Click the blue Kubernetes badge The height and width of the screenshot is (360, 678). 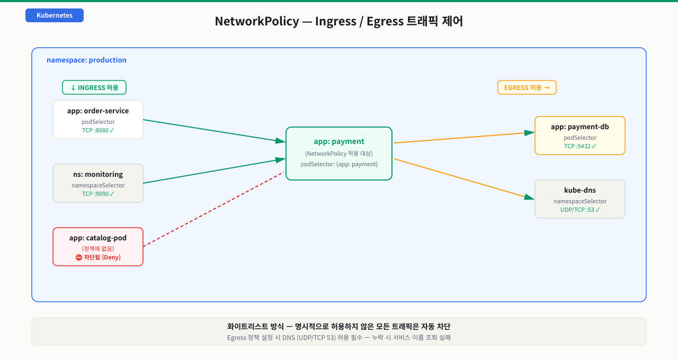click(x=55, y=15)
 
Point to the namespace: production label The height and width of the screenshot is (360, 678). click(x=86, y=60)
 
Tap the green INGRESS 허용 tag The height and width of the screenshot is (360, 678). click(x=94, y=87)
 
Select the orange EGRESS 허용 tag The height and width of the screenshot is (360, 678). click(x=527, y=87)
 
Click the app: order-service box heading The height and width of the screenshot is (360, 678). click(x=98, y=111)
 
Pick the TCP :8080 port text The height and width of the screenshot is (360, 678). click(x=98, y=130)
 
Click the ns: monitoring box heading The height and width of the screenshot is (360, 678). click(x=98, y=174)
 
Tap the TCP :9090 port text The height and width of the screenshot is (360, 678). click(x=98, y=194)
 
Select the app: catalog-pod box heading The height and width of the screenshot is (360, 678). click(x=98, y=238)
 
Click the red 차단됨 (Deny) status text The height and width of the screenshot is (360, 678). click(x=98, y=257)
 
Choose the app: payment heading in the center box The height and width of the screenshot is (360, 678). click(x=339, y=141)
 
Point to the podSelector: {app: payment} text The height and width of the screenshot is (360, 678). click(x=339, y=164)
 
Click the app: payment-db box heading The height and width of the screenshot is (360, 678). click(x=580, y=127)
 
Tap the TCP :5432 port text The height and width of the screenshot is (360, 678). click(x=580, y=146)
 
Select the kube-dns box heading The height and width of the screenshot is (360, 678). click(x=580, y=190)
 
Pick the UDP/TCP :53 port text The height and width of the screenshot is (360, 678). click(x=580, y=210)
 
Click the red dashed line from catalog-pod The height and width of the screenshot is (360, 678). click(x=213, y=209)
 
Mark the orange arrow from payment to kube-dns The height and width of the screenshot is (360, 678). click(x=465, y=179)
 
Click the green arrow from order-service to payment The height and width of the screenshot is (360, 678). click(x=215, y=131)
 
